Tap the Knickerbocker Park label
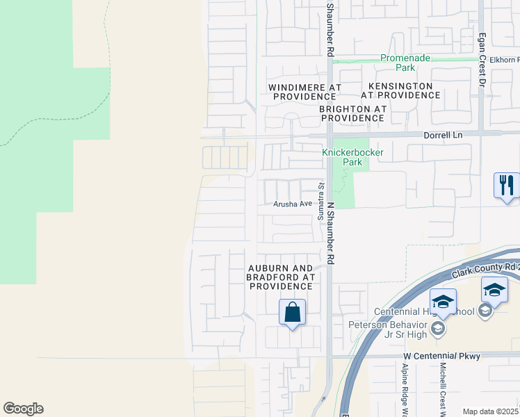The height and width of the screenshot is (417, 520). coord(343,157)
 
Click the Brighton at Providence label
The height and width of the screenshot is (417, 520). coord(352,114)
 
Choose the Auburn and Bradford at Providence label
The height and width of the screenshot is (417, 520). coord(282,277)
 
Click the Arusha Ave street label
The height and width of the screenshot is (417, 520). coord(293,204)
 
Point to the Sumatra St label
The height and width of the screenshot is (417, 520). coord(321,202)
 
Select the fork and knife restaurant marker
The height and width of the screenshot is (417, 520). coord(506,185)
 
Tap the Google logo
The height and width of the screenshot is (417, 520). coord(23,409)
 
